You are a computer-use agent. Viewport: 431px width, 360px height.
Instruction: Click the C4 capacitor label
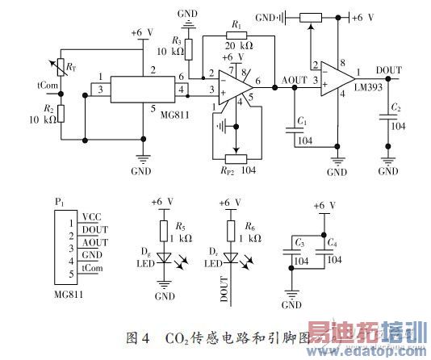(332, 242)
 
